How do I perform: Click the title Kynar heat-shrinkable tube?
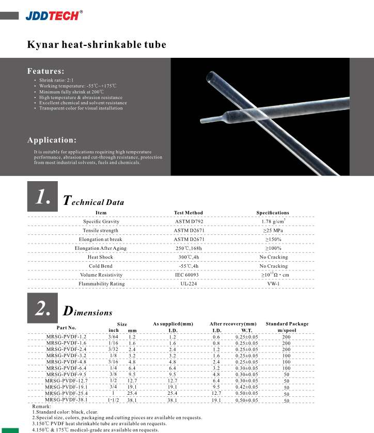tap(97, 45)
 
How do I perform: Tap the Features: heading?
tap(45, 71)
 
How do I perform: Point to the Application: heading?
tap(52, 140)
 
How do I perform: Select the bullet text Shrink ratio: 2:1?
tap(57, 81)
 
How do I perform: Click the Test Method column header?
tap(189, 213)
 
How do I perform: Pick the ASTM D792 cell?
tap(189, 221)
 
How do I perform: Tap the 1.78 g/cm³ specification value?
tap(273, 221)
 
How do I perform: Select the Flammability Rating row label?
tap(101, 284)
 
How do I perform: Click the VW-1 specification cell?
tap(273, 284)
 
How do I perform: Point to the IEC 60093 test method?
tap(189, 275)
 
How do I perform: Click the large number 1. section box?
tap(42, 197)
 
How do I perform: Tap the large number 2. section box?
tap(42, 308)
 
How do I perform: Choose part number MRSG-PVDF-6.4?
tap(66, 368)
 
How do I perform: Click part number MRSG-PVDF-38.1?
tap(66, 399)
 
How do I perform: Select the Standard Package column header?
tap(287, 324)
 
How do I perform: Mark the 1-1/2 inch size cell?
tap(113, 399)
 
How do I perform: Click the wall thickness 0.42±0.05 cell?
tap(246, 387)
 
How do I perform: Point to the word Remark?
tap(42, 407)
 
